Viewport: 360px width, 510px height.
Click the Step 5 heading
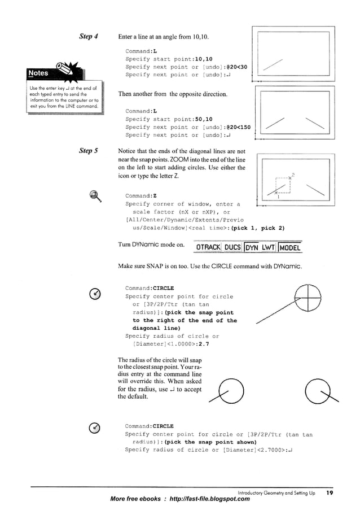tap(89, 151)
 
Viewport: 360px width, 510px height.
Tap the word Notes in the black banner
tap(38, 73)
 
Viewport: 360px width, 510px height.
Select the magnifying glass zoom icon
tap(95, 196)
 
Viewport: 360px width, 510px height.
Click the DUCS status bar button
tap(232, 247)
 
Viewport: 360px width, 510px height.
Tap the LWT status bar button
tap(268, 247)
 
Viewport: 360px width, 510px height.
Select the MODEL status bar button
tap(290, 247)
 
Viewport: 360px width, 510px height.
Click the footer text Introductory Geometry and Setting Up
tap(276, 493)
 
